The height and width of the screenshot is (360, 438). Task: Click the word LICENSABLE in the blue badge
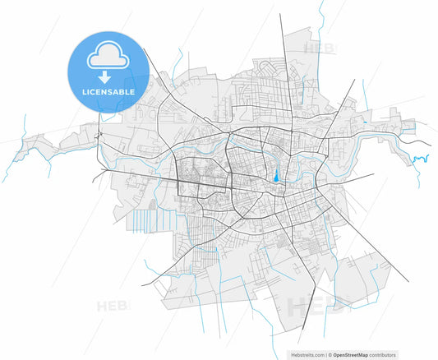coord(108,91)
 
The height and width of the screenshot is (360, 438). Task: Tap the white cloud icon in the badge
coord(108,55)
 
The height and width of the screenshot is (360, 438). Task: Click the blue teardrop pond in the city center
coord(276,174)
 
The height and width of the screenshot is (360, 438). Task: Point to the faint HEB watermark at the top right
coord(319,48)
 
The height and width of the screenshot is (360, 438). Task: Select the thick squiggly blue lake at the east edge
coord(421,158)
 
